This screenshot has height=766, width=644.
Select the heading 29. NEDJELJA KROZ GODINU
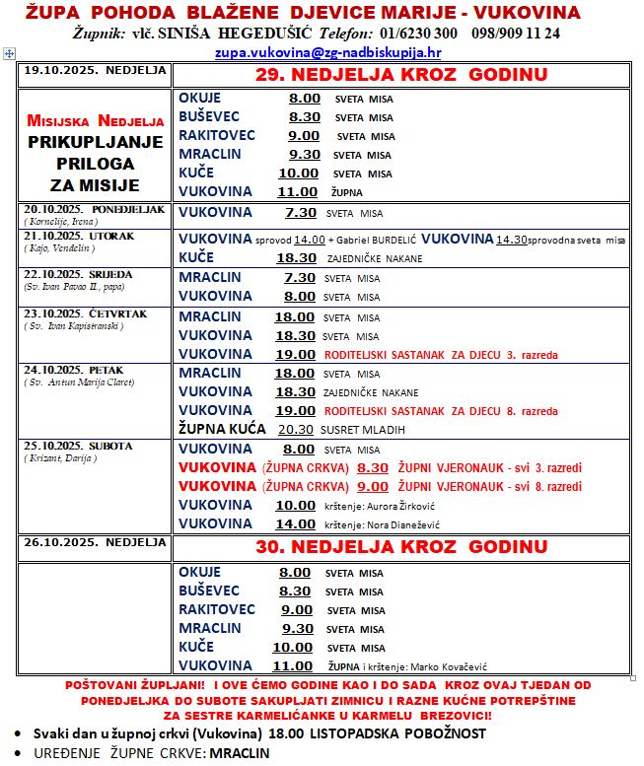click(x=400, y=75)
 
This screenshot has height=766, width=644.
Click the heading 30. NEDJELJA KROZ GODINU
click(x=400, y=546)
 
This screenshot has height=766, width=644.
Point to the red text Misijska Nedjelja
click(x=96, y=121)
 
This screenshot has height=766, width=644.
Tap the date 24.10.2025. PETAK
click(x=67, y=371)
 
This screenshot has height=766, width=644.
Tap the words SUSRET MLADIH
click(x=367, y=429)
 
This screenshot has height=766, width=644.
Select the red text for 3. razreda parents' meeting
click(x=441, y=354)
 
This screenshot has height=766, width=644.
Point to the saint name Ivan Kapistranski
click(x=85, y=323)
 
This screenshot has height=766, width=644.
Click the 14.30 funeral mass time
click(x=512, y=240)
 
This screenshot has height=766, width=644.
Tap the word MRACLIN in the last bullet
click(x=239, y=753)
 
